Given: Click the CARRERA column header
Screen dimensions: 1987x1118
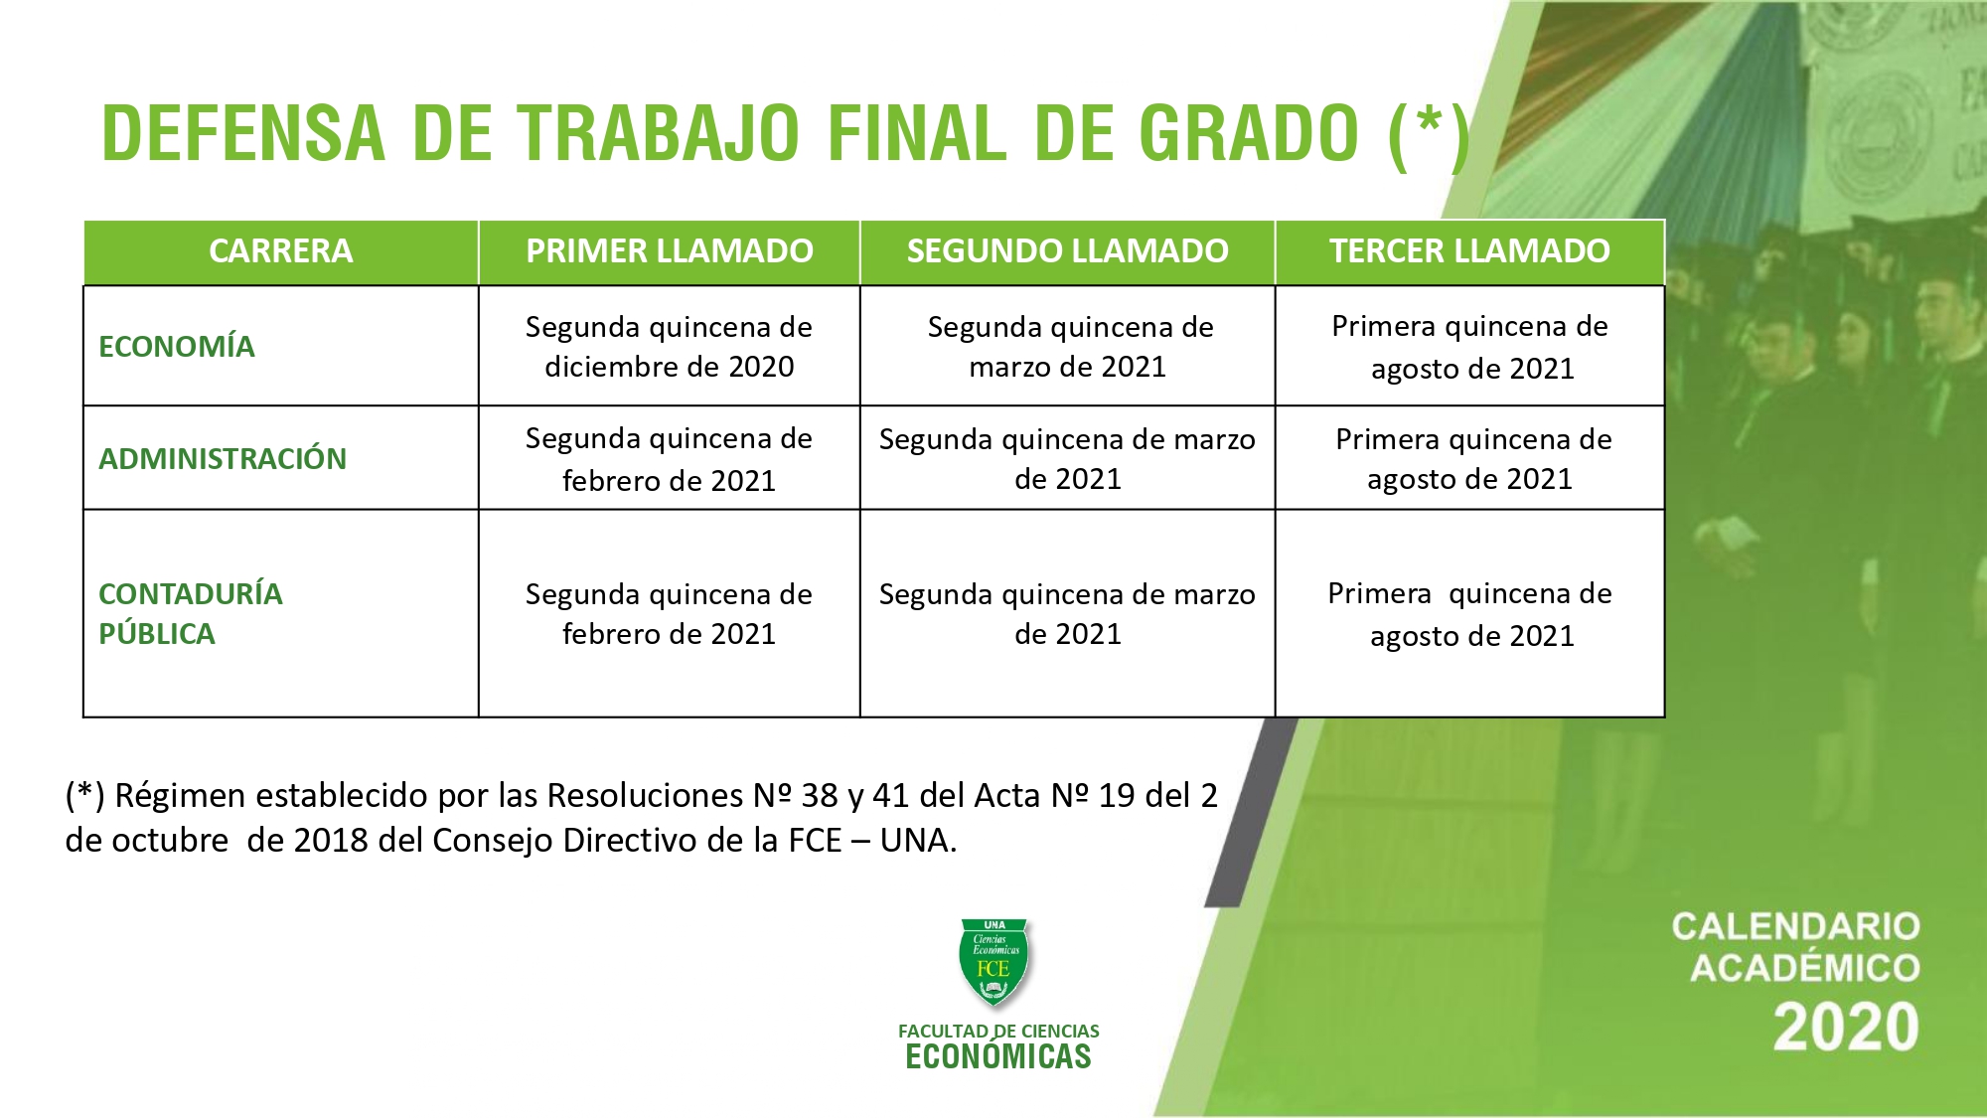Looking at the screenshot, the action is (281, 250).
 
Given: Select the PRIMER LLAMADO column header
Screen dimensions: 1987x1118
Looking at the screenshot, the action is (670, 250).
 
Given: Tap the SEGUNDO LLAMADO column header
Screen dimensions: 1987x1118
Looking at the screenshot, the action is (1068, 250).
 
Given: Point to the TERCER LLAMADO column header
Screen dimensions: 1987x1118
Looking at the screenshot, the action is (1470, 250).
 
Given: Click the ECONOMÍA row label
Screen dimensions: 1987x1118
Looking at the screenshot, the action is (177, 346).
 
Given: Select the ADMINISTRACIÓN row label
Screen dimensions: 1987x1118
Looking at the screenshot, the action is (223, 458).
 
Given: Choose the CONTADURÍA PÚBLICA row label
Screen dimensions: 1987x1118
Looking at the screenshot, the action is (191, 613).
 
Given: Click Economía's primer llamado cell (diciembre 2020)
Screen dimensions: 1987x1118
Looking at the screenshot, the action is (670, 346).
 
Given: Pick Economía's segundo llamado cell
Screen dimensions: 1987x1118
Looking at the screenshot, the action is (1069, 346).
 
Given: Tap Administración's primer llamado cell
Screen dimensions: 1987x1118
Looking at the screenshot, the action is (670, 459).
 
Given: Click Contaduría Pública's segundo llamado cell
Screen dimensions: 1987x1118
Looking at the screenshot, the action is (1068, 613).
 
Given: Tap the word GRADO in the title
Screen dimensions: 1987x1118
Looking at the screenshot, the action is (1248, 133).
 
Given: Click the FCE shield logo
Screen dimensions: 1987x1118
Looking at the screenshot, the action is (994, 962).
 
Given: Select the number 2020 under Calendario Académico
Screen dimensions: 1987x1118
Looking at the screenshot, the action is (1847, 1027).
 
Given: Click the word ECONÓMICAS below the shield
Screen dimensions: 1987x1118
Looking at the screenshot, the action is (998, 1056).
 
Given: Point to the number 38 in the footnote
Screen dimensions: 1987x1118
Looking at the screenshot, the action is (820, 795).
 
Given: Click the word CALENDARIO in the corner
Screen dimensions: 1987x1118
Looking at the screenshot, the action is (1796, 926).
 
